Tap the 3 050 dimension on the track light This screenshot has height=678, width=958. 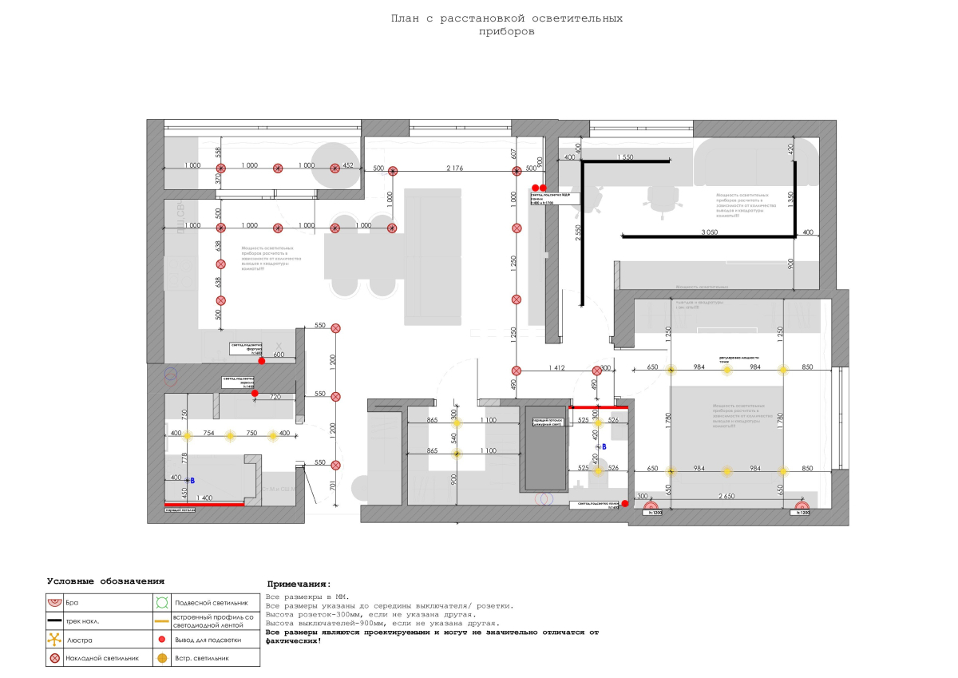point(709,232)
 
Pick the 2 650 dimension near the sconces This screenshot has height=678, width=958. point(726,496)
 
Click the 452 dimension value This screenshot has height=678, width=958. point(347,165)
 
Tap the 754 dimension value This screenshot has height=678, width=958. point(208,432)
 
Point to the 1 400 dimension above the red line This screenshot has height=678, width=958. point(203,498)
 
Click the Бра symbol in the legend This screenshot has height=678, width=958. point(54,602)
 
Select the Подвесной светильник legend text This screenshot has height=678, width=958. point(212,603)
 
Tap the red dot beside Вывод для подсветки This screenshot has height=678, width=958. point(161,640)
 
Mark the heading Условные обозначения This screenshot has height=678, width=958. point(105,581)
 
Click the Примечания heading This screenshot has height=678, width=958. point(299,585)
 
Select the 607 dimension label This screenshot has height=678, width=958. point(513,153)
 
